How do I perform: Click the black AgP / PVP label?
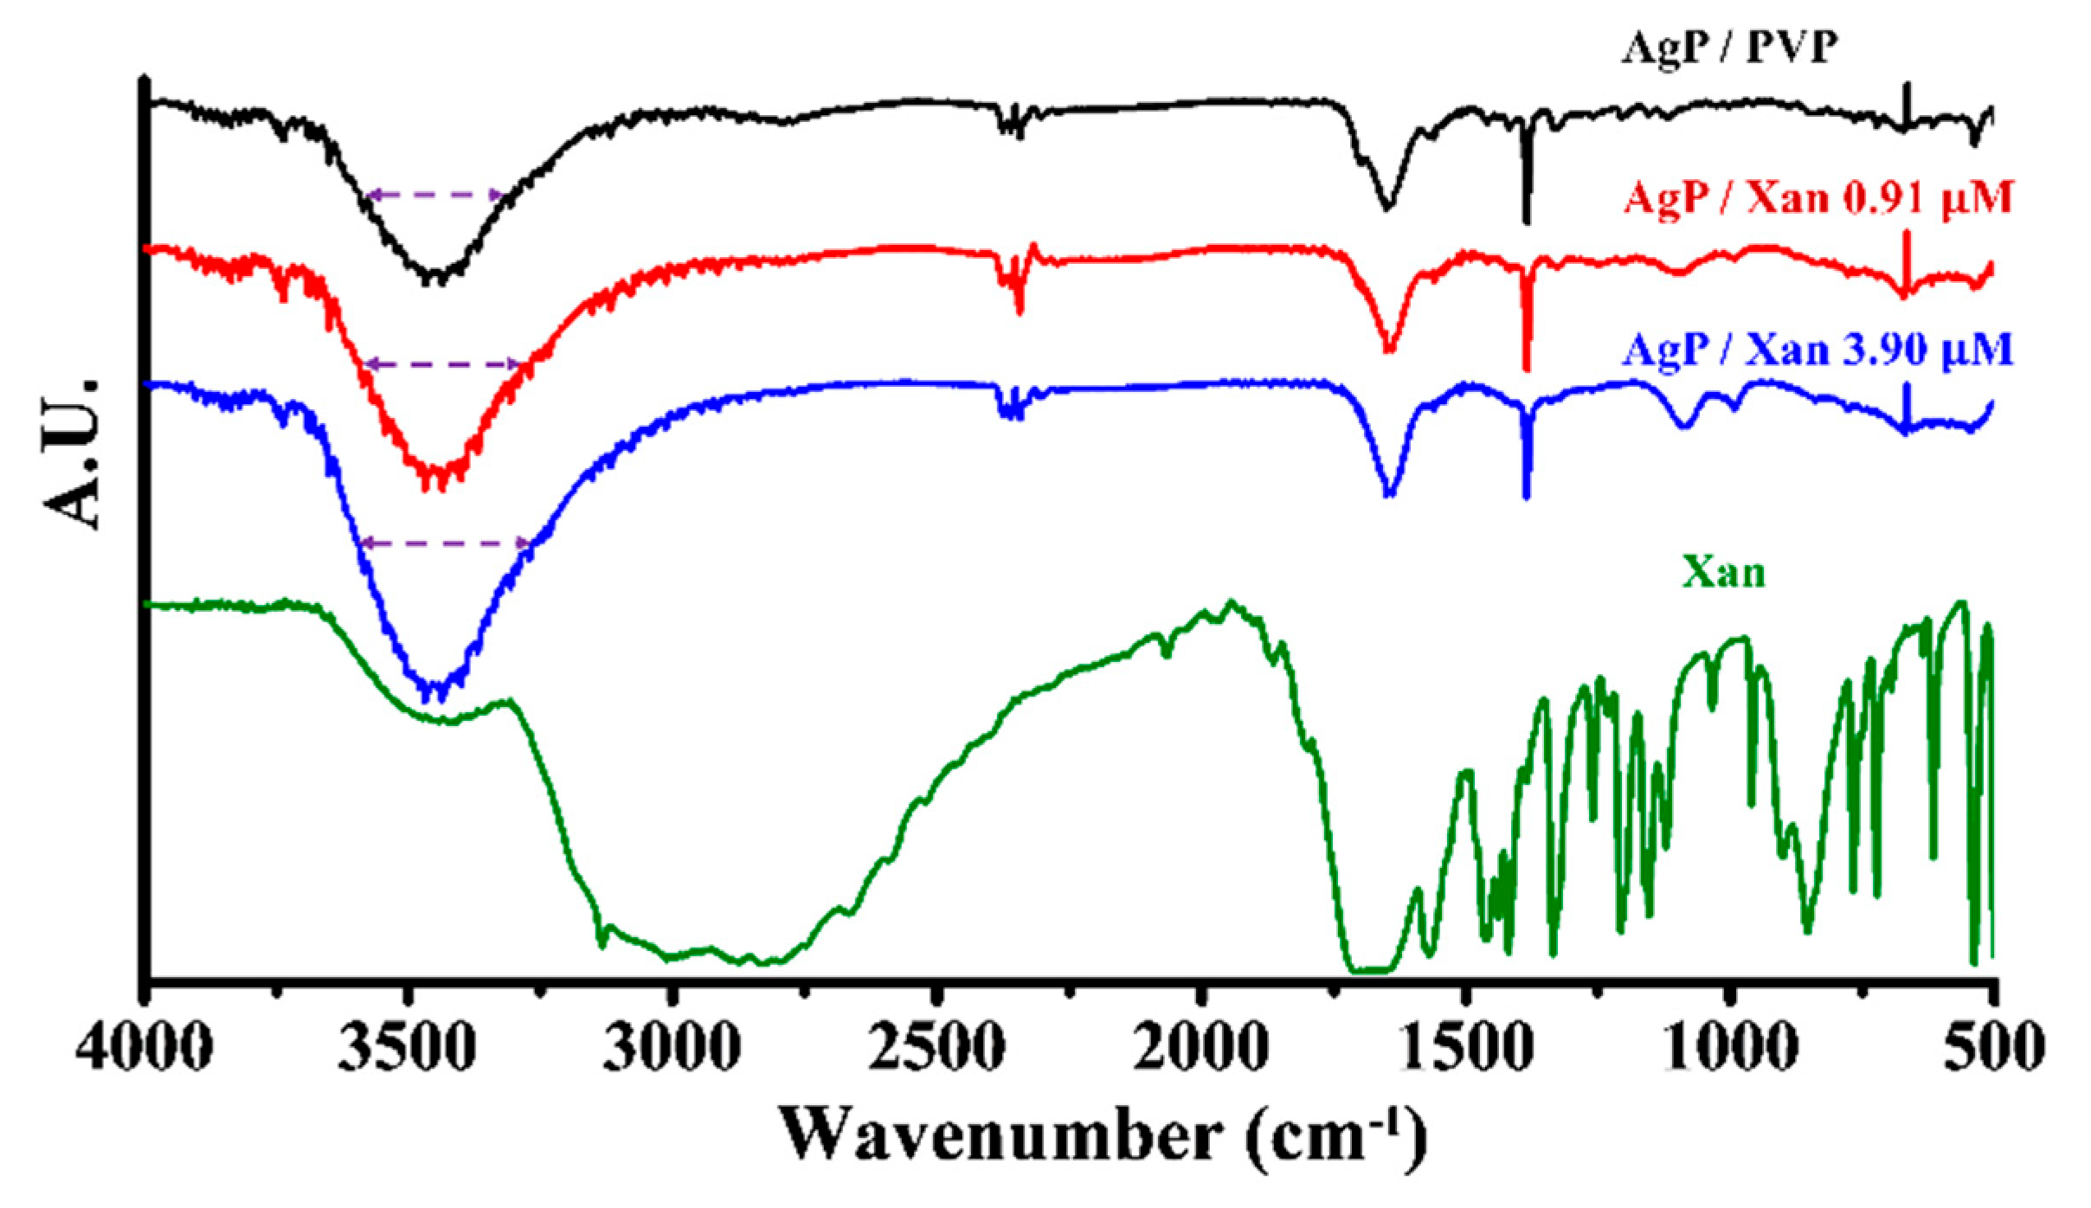coord(1728,48)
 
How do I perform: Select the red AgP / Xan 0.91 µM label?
coord(1818,199)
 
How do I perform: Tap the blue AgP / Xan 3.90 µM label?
coord(1818,350)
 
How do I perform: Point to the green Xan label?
coord(1723,573)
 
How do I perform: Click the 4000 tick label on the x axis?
coord(144,1048)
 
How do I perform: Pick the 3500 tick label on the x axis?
coord(407,1048)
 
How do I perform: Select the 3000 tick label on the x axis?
coord(672,1048)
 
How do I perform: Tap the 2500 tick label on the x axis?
coord(936,1048)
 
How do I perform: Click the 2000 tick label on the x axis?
coord(1201,1048)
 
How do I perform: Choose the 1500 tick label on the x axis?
coord(1466,1048)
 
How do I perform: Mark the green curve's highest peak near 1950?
coord(1231,602)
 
